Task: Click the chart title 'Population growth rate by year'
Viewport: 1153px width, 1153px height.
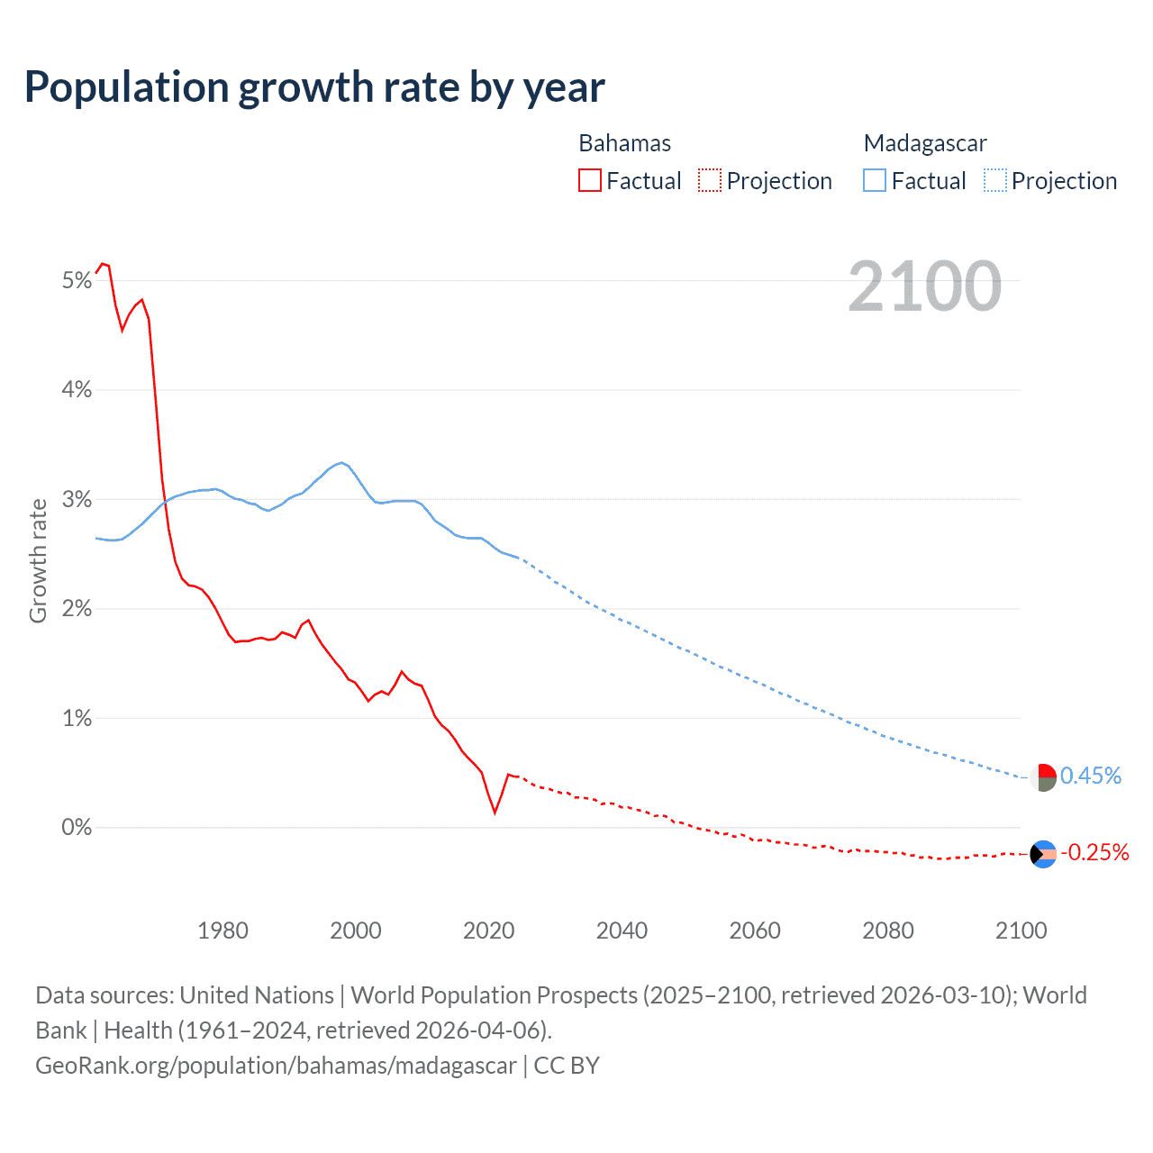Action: tap(314, 87)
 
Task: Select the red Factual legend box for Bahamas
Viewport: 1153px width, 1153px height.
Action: tap(590, 180)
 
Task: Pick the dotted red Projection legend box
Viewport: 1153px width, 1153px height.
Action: tap(710, 180)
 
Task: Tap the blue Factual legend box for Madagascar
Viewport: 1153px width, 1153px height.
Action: tap(875, 180)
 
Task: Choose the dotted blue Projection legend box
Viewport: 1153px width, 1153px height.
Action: tap(994, 180)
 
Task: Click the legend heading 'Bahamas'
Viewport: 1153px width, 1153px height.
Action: tap(624, 143)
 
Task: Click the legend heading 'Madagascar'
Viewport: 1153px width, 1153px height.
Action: tap(925, 143)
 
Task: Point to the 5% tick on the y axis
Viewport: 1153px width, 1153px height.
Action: tap(77, 281)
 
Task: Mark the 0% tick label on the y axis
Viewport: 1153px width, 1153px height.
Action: tap(77, 827)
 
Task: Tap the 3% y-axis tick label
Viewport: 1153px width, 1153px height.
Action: tap(77, 500)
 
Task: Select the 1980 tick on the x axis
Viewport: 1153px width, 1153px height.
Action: tap(222, 931)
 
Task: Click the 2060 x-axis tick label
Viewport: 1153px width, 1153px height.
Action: tap(755, 931)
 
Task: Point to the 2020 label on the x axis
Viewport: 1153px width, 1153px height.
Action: tap(488, 931)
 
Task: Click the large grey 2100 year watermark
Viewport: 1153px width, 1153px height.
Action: tap(924, 286)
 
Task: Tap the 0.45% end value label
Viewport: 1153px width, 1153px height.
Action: tap(1090, 776)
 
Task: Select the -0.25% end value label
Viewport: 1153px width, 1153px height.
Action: tap(1094, 852)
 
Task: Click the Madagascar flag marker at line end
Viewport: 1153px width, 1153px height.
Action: tap(1043, 777)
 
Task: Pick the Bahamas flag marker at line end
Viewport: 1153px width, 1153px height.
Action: tap(1043, 854)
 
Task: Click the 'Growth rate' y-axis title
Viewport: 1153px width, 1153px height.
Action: tap(38, 560)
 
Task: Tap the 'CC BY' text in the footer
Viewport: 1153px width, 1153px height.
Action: tap(567, 1065)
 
